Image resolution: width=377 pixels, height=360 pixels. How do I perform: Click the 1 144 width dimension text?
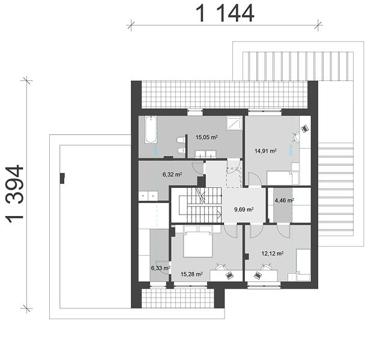(225, 14)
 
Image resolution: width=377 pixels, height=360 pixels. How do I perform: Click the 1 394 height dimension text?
(15, 194)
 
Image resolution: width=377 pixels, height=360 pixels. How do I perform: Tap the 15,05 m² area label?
(207, 137)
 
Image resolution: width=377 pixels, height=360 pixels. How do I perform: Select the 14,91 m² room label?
(265, 151)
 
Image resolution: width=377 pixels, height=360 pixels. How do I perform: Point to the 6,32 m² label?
(172, 175)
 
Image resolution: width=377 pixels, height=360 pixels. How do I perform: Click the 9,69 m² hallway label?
(244, 209)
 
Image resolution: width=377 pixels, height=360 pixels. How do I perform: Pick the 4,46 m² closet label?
(285, 200)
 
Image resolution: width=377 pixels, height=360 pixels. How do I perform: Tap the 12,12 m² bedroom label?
(272, 253)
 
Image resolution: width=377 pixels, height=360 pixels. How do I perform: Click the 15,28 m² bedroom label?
(192, 274)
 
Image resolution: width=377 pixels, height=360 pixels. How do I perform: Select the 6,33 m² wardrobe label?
(161, 268)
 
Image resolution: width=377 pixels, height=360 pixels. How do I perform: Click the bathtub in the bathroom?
(151, 130)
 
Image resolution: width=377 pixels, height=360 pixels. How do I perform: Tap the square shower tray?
(234, 123)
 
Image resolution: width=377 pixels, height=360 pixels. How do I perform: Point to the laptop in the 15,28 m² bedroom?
(229, 275)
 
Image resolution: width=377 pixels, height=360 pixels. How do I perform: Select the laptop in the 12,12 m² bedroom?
(258, 275)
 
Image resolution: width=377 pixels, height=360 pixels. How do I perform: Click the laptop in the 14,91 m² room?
(305, 128)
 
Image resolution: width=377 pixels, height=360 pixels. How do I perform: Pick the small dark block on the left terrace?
(62, 178)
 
